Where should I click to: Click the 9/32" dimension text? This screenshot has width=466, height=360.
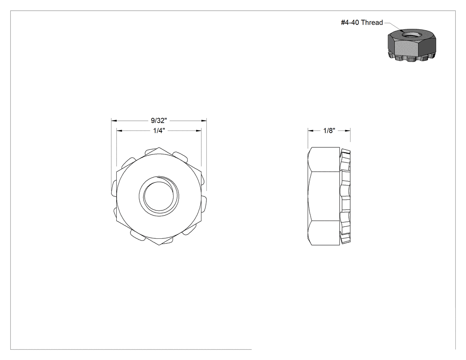pyautogui.click(x=159, y=120)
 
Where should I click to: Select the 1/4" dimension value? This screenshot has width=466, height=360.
pyautogui.click(x=159, y=131)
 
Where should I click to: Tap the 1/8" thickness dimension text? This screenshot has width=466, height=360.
pyautogui.click(x=329, y=131)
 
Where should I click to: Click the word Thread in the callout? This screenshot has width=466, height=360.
pyautogui.click(x=372, y=23)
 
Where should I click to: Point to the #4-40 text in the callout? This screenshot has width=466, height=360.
pyautogui.click(x=350, y=23)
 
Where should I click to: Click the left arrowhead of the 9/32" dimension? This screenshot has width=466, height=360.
pyautogui.click(x=114, y=121)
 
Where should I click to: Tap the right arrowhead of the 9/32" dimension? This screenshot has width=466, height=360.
pyautogui.click(x=204, y=121)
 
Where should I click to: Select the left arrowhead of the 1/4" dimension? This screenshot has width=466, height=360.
pyautogui.click(x=119, y=131)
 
